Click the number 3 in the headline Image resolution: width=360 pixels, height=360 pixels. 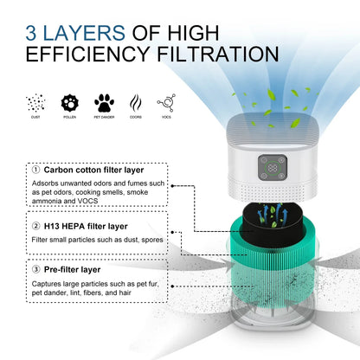pos(34,33)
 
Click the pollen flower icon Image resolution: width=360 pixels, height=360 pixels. pos(69,103)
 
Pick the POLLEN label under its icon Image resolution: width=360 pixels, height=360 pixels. pos(69,117)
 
